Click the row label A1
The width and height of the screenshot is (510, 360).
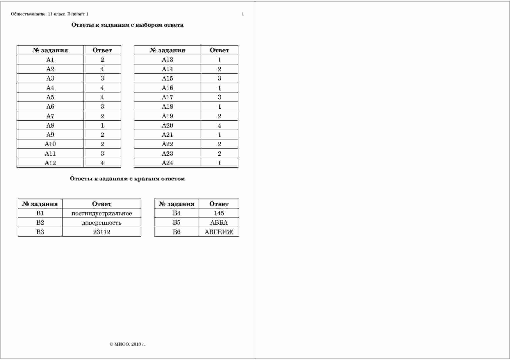[x=50, y=60]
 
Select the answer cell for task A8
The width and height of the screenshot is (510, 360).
[x=102, y=126]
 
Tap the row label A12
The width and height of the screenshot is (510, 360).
[x=50, y=163]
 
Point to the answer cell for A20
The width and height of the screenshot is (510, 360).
[x=219, y=126]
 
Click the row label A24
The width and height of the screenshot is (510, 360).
[x=167, y=163]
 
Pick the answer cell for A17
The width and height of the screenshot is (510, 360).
[x=219, y=97]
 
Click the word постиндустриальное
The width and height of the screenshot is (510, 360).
[x=101, y=214]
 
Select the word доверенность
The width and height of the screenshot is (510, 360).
[x=101, y=223]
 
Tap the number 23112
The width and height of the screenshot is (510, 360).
[x=101, y=232]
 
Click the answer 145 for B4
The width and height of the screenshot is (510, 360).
[x=219, y=213]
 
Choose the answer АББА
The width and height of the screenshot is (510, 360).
[x=219, y=223]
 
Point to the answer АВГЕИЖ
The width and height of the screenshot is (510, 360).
[x=219, y=232]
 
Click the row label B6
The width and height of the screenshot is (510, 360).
[x=176, y=232]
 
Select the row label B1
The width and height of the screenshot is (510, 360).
[x=40, y=213]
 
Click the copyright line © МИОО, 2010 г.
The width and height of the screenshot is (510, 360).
[x=127, y=344]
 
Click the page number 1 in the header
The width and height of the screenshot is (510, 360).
[x=243, y=14]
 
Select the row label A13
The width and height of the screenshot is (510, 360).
[x=167, y=60]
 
